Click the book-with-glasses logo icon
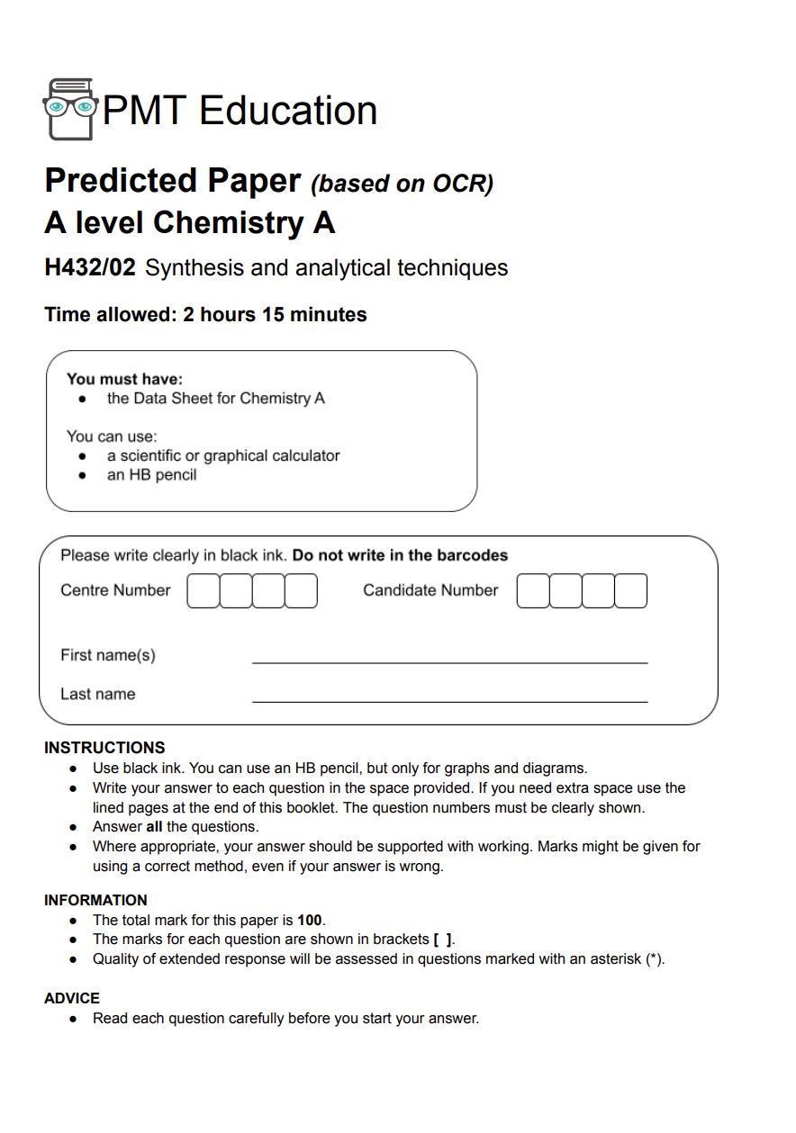69,109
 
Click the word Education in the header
288,111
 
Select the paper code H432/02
90,267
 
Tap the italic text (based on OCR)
403,184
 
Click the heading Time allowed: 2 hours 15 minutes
205,315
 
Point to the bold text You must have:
124,379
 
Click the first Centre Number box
203,590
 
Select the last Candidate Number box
630,590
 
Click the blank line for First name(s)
449,656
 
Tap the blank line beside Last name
449,695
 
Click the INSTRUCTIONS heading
104,748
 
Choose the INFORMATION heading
95,900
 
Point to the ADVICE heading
72,998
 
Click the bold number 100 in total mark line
310,920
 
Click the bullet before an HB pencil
83,475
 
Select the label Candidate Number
430,590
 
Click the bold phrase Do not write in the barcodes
400,555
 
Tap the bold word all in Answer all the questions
154,826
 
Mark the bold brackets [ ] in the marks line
442,940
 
